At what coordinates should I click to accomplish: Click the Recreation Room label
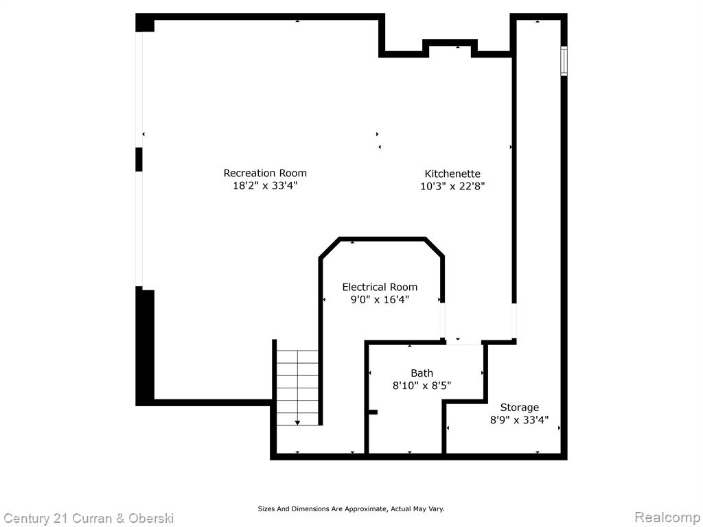265,173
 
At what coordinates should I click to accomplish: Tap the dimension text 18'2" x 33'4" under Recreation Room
265,185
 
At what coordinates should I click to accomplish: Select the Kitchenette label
452,174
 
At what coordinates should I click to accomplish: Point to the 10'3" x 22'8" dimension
452,186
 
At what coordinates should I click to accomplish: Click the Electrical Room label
380,288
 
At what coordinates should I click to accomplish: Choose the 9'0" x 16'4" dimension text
380,299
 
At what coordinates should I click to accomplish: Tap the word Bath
422,373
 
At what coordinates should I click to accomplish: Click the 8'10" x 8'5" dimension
422,386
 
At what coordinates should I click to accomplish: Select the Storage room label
519,408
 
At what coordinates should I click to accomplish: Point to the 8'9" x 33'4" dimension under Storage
519,421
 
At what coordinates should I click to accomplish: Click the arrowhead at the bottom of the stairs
297,423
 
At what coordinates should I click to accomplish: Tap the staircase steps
297,388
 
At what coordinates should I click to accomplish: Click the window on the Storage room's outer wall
564,61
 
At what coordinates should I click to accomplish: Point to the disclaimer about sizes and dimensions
351,509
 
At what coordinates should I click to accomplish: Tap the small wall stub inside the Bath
373,412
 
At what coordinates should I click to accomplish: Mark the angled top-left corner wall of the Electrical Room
330,248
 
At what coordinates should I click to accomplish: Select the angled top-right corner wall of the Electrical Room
434,247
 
